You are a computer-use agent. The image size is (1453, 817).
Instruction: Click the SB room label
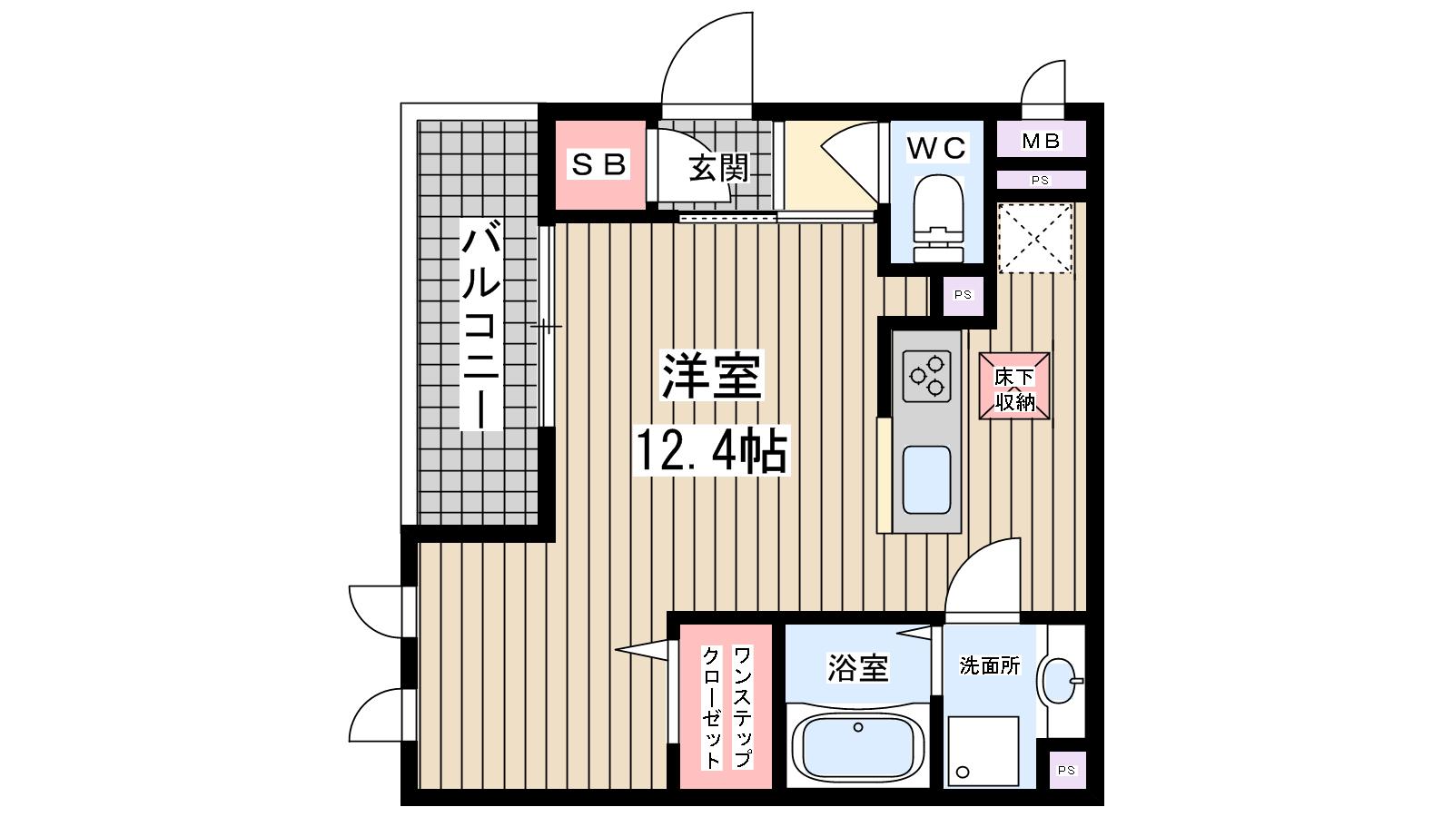point(598,164)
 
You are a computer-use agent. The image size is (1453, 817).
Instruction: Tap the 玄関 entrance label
point(718,168)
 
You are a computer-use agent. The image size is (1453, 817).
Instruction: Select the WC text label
point(936,149)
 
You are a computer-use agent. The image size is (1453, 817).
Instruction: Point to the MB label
point(1041,141)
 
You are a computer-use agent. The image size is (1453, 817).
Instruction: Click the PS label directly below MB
point(1040,181)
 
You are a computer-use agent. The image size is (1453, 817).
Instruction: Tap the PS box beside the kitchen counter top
point(963,295)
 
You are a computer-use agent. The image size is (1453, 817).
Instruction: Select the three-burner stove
point(927,377)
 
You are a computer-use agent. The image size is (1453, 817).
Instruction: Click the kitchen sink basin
point(927,479)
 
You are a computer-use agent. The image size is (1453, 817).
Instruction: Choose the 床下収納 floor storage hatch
point(1014,387)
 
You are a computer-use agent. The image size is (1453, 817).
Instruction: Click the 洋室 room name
point(711,376)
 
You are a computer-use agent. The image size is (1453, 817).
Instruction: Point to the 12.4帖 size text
point(711,450)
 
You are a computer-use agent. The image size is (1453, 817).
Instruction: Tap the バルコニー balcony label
point(481,325)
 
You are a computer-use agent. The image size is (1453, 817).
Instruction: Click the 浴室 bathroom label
point(857,668)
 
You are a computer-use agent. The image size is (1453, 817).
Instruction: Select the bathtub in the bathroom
point(858,748)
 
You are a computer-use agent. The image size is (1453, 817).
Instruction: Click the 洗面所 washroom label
point(990,665)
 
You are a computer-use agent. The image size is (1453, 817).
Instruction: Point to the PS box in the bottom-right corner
point(1067,771)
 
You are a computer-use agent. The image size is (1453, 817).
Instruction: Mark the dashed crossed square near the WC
point(1035,238)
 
